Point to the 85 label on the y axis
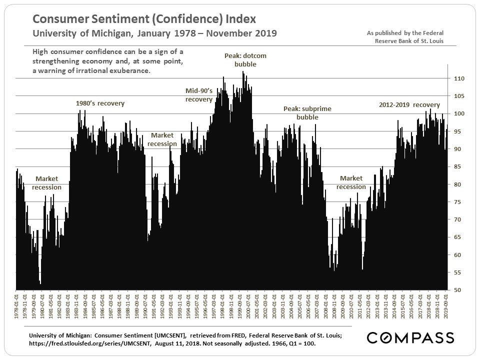(x=457, y=167)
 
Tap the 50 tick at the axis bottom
(x=457, y=290)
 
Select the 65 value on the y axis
(x=457, y=237)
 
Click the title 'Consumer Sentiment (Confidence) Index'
(x=144, y=19)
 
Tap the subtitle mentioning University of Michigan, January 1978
(x=154, y=33)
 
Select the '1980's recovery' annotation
(x=100, y=103)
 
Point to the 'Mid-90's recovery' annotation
(x=199, y=95)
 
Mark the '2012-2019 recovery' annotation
(x=409, y=105)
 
